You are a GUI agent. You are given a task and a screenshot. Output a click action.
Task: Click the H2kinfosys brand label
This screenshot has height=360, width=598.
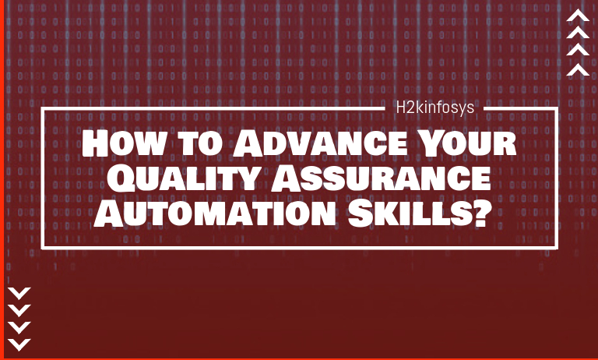pos(434,108)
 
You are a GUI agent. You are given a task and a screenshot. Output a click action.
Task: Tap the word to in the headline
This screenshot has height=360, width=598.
pos(200,145)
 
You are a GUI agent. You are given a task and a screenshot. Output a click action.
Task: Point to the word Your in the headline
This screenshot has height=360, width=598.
pos(467,143)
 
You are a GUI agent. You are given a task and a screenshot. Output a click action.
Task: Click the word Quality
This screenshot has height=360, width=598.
pos(181,178)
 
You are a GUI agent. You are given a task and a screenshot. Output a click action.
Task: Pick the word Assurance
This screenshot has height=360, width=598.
pos(380,178)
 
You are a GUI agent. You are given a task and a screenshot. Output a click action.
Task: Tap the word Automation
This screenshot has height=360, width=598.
pos(215,214)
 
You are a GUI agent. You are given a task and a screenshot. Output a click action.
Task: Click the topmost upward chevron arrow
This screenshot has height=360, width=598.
pos(578,16)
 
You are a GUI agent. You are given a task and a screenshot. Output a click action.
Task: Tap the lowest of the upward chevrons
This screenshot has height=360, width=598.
pos(578,69)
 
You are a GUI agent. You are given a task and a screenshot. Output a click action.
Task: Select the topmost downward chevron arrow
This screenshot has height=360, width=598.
pos(19,294)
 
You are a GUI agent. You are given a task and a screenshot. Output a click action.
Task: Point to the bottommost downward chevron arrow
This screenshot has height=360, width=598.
pos(19,344)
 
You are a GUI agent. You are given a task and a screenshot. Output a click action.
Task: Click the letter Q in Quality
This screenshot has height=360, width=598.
pos(121,179)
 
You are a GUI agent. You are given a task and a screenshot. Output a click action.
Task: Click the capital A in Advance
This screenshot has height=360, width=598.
pos(248,143)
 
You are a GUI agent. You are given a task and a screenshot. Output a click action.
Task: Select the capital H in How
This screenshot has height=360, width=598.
pos(95,143)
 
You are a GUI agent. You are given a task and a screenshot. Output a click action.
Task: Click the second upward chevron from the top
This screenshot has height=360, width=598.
pos(578,33)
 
